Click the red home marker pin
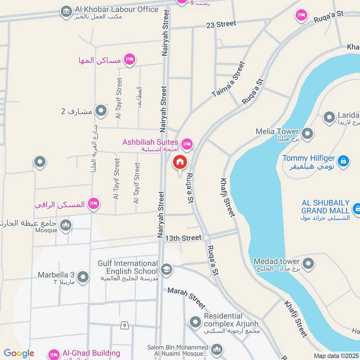click(x=180, y=162)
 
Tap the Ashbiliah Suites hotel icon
click(x=187, y=144)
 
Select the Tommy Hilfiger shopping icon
click(x=343, y=160)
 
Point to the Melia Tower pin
click(x=308, y=134)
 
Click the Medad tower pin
click(x=308, y=264)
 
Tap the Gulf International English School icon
click(x=166, y=269)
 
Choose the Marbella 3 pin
click(x=83, y=278)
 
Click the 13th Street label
click(x=183, y=237)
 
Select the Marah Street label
click(x=186, y=297)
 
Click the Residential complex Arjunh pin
click(x=195, y=322)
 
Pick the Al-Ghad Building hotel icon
click(x=54, y=354)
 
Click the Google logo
click(x=19, y=353)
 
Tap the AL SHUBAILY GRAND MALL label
click(x=325, y=207)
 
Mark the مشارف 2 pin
click(x=101, y=111)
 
